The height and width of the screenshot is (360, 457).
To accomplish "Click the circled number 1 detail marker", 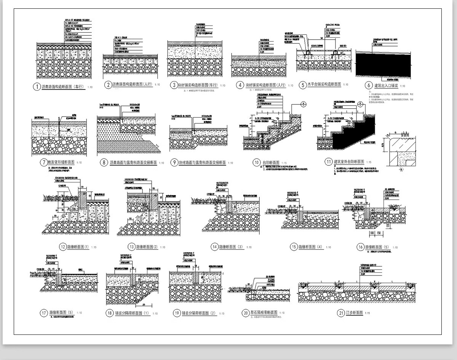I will [x=37, y=87].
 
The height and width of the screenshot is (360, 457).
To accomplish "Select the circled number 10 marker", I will [x=256, y=163].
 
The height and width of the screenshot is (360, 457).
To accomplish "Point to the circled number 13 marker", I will [x=131, y=246].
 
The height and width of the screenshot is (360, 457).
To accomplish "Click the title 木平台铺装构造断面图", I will [x=324, y=85].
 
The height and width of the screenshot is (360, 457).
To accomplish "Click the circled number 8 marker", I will [x=103, y=163].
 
